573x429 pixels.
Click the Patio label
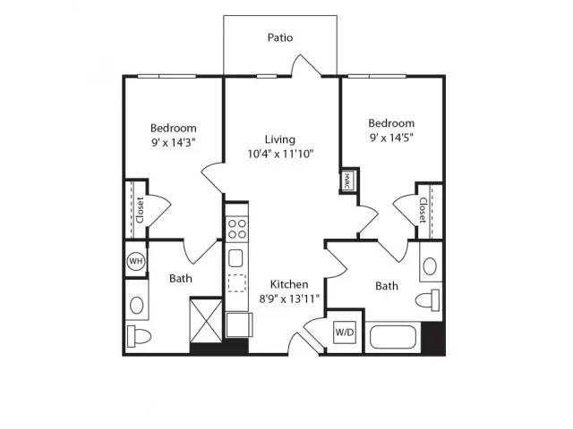(x=280, y=38)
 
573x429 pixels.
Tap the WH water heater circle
(x=136, y=261)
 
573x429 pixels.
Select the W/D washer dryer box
(x=345, y=332)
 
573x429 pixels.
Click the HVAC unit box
(x=346, y=181)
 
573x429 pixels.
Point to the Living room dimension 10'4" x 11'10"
(x=280, y=154)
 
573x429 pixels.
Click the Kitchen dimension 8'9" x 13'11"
(x=289, y=299)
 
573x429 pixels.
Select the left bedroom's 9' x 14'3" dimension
(x=174, y=142)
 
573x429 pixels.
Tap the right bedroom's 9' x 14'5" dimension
(x=391, y=138)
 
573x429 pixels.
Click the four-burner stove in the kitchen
(x=236, y=229)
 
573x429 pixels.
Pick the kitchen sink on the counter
(x=235, y=258)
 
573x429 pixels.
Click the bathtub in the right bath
(x=393, y=337)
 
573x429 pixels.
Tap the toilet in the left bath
(x=139, y=336)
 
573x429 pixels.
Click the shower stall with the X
(x=206, y=321)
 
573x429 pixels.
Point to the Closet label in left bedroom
(x=140, y=210)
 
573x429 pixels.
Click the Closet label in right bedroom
(x=423, y=210)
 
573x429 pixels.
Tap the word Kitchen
(x=289, y=284)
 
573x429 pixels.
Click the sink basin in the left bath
(x=137, y=306)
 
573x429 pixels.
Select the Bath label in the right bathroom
(x=387, y=286)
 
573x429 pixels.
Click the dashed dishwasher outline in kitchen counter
(x=236, y=282)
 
